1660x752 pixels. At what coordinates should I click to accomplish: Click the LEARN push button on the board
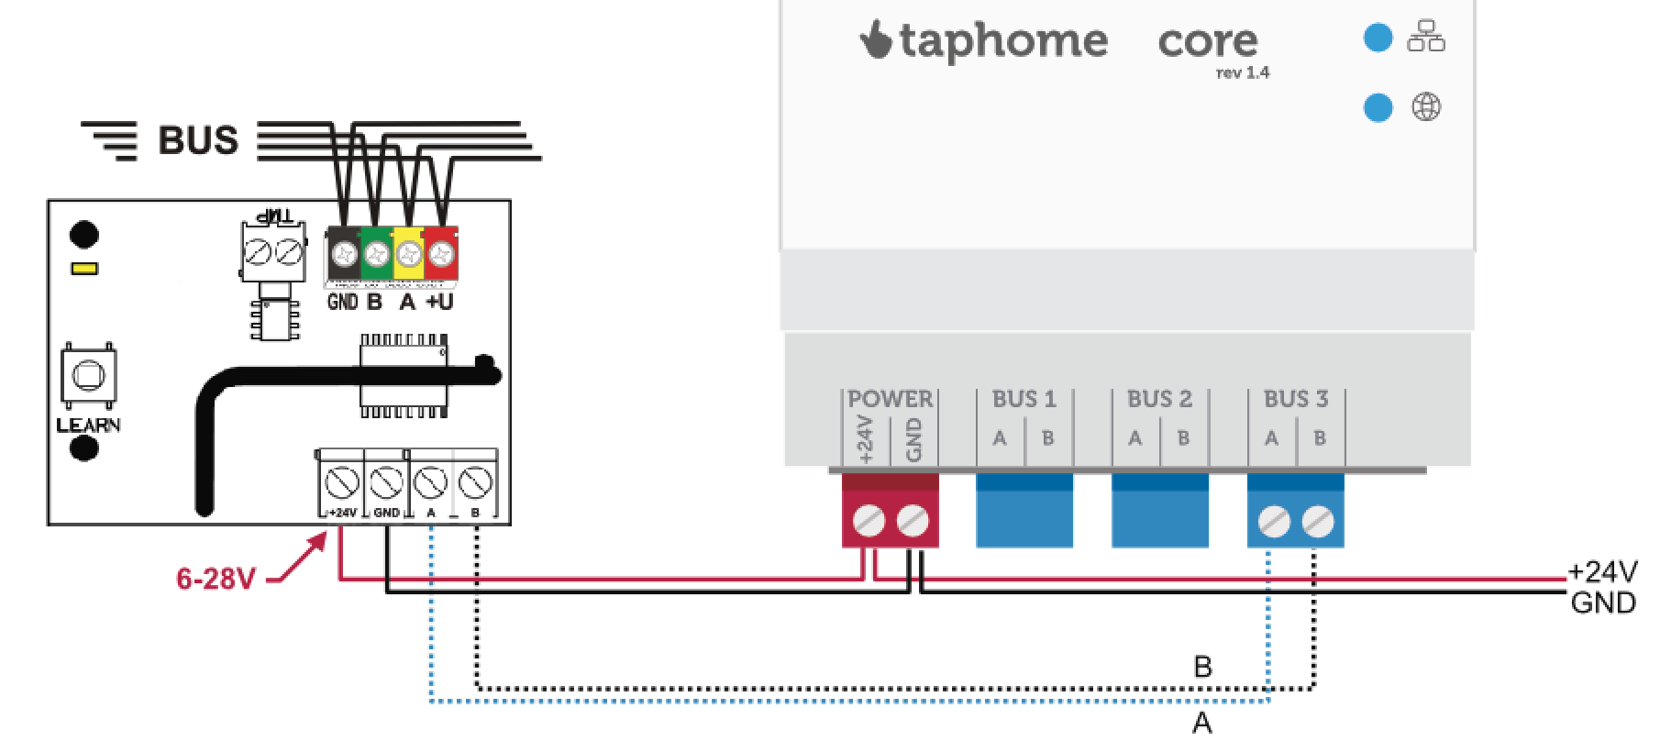coord(88,375)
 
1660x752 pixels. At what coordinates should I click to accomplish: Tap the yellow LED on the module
coord(84,269)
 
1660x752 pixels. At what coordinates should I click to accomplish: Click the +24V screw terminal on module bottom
coord(341,481)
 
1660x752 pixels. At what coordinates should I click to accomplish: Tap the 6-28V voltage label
coord(216,579)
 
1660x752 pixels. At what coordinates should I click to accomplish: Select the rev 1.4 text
coord(1243,73)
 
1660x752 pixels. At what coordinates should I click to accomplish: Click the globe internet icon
coord(1426,107)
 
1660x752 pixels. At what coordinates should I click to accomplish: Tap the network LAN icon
coord(1426,39)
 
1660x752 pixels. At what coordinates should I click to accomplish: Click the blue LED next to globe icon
coord(1378,107)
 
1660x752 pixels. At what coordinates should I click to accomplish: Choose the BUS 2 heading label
coord(1159,399)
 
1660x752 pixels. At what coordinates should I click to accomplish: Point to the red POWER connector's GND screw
coord(913,522)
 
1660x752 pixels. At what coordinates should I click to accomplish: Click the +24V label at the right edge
coord(1602,572)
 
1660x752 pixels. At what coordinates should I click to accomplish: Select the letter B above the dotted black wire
coord(1203,667)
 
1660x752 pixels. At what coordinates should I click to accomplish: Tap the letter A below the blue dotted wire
coord(1201,724)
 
